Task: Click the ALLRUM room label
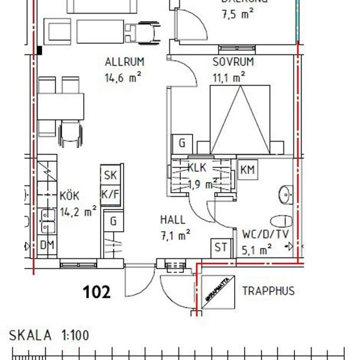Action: click(124, 62)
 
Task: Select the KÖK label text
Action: click(70, 196)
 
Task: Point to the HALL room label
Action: click(173, 220)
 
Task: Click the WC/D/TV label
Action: click(265, 234)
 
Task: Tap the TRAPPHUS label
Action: click(268, 291)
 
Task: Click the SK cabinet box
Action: click(110, 174)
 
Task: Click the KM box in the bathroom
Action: click(248, 170)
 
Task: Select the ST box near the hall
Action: click(221, 247)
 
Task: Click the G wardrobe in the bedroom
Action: click(182, 143)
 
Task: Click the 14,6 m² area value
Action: click(124, 77)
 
